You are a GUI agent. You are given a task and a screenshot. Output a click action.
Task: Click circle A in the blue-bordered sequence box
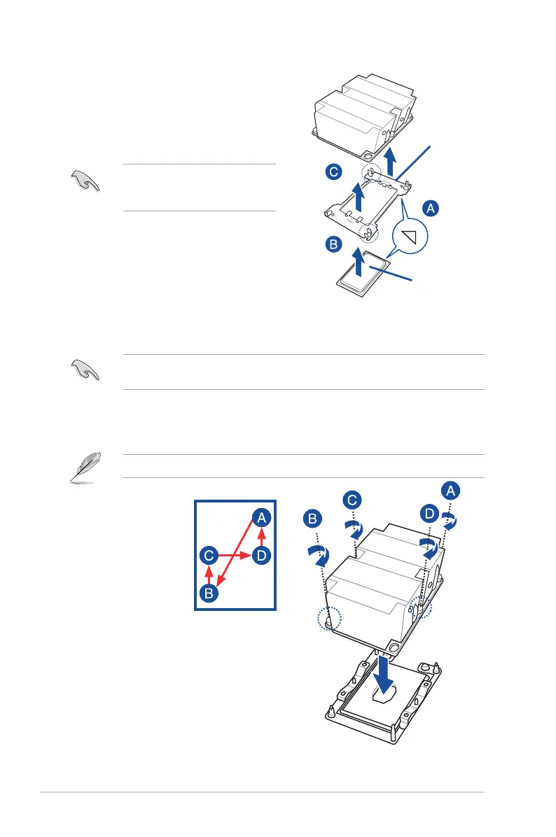(x=260, y=518)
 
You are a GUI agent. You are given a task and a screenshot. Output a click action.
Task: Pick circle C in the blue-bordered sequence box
(x=209, y=556)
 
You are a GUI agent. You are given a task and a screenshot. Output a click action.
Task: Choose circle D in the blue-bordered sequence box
(x=260, y=556)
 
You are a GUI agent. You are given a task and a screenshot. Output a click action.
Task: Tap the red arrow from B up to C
(x=209, y=575)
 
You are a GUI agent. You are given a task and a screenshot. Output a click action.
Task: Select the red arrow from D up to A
(x=260, y=537)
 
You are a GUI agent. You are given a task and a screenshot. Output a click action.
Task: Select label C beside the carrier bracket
(x=333, y=172)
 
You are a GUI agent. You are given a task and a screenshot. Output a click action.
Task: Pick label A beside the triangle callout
(x=431, y=208)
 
